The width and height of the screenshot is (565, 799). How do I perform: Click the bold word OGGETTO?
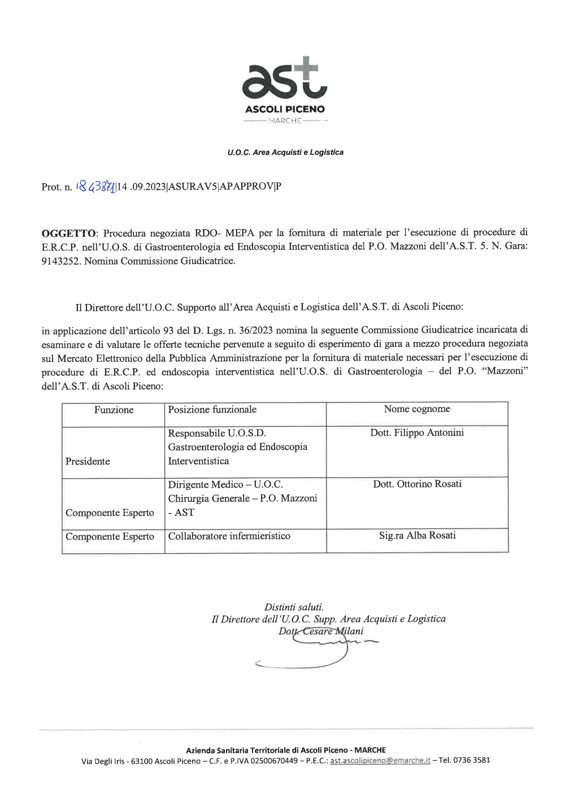[x=68, y=233]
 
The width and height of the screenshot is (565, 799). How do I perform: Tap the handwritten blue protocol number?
[x=95, y=186]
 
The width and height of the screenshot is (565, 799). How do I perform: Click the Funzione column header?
[x=114, y=410]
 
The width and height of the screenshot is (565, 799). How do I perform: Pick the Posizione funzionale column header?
[x=212, y=410]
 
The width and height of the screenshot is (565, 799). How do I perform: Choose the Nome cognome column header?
[x=417, y=409]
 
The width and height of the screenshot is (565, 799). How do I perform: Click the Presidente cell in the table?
[x=88, y=462]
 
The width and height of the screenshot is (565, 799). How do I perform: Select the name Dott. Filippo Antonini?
[x=417, y=433]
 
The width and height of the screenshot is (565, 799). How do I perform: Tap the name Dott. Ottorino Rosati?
[x=417, y=484]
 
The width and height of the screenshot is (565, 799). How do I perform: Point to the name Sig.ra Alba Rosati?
[x=417, y=536]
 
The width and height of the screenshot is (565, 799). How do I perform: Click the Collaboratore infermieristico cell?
[x=229, y=536]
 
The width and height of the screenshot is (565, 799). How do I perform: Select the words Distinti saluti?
[x=294, y=607]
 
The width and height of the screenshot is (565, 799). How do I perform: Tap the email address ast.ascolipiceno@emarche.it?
[x=380, y=761]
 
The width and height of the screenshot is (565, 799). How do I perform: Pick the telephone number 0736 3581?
[x=472, y=760]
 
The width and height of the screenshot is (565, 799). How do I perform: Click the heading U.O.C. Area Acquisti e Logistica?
[x=285, y=153]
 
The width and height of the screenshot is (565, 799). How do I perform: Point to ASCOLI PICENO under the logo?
[x=285, y=109]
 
